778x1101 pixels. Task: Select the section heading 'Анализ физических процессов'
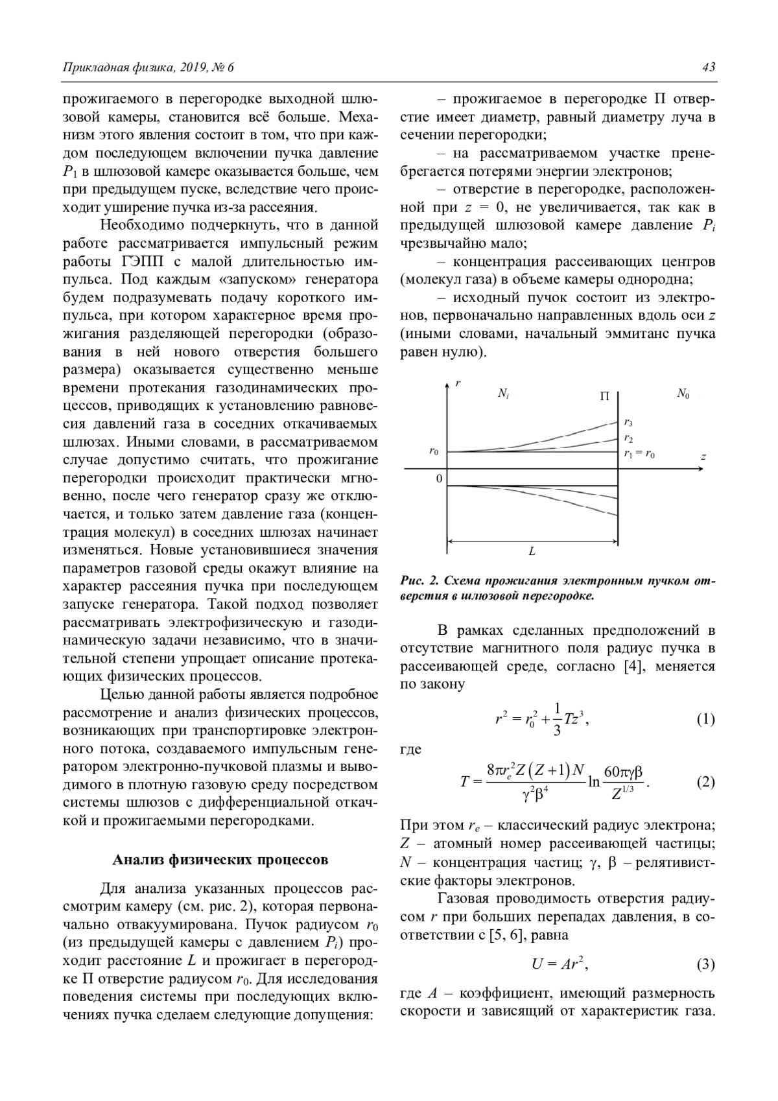[220, 860]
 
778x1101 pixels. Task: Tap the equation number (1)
[705, 719]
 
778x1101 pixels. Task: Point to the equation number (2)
[705, 782]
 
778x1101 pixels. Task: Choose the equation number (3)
[705, 965]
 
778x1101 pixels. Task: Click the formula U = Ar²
[560, 964]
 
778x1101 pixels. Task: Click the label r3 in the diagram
[628, 423]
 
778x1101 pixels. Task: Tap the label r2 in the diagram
[628, 438]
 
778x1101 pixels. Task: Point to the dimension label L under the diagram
[532, 552]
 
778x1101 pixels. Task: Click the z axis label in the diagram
[703, 456]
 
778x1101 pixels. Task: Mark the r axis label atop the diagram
[458, 383]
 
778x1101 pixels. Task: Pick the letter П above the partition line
[605, 396]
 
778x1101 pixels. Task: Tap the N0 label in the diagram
[683, 394]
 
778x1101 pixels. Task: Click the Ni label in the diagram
[503, 394]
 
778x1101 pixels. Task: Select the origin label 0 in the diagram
[439, 479]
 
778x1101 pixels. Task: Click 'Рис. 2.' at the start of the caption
[418, 580]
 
